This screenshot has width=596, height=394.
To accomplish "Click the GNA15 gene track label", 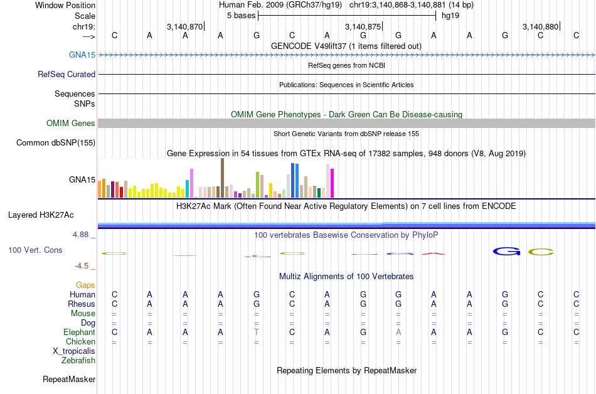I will click(82, 55).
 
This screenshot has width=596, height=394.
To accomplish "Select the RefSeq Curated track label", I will click(67, 74).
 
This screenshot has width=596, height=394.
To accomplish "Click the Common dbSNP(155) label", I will click(56, 143).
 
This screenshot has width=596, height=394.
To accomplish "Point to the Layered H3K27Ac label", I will click(41, 215).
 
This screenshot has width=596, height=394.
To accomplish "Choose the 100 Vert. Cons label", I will click(35, 250).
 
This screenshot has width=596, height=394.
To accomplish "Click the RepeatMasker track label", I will click(69, 379).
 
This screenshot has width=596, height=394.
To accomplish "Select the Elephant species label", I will click(79, 332).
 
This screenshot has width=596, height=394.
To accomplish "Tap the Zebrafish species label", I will click(78, 360).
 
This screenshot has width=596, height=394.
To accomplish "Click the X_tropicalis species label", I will click(74, 351).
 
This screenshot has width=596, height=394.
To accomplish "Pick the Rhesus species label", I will click(82, 304).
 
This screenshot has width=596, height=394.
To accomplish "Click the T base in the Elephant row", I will click(256, 332).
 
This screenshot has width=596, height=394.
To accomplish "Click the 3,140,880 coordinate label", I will click(540, 26).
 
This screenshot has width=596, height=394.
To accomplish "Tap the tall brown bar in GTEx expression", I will click(222, 178).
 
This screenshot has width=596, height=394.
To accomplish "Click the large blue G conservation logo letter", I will click(507, 252).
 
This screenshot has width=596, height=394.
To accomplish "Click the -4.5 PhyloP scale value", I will click(82, 265).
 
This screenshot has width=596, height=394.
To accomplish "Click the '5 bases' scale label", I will click(241, 15).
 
